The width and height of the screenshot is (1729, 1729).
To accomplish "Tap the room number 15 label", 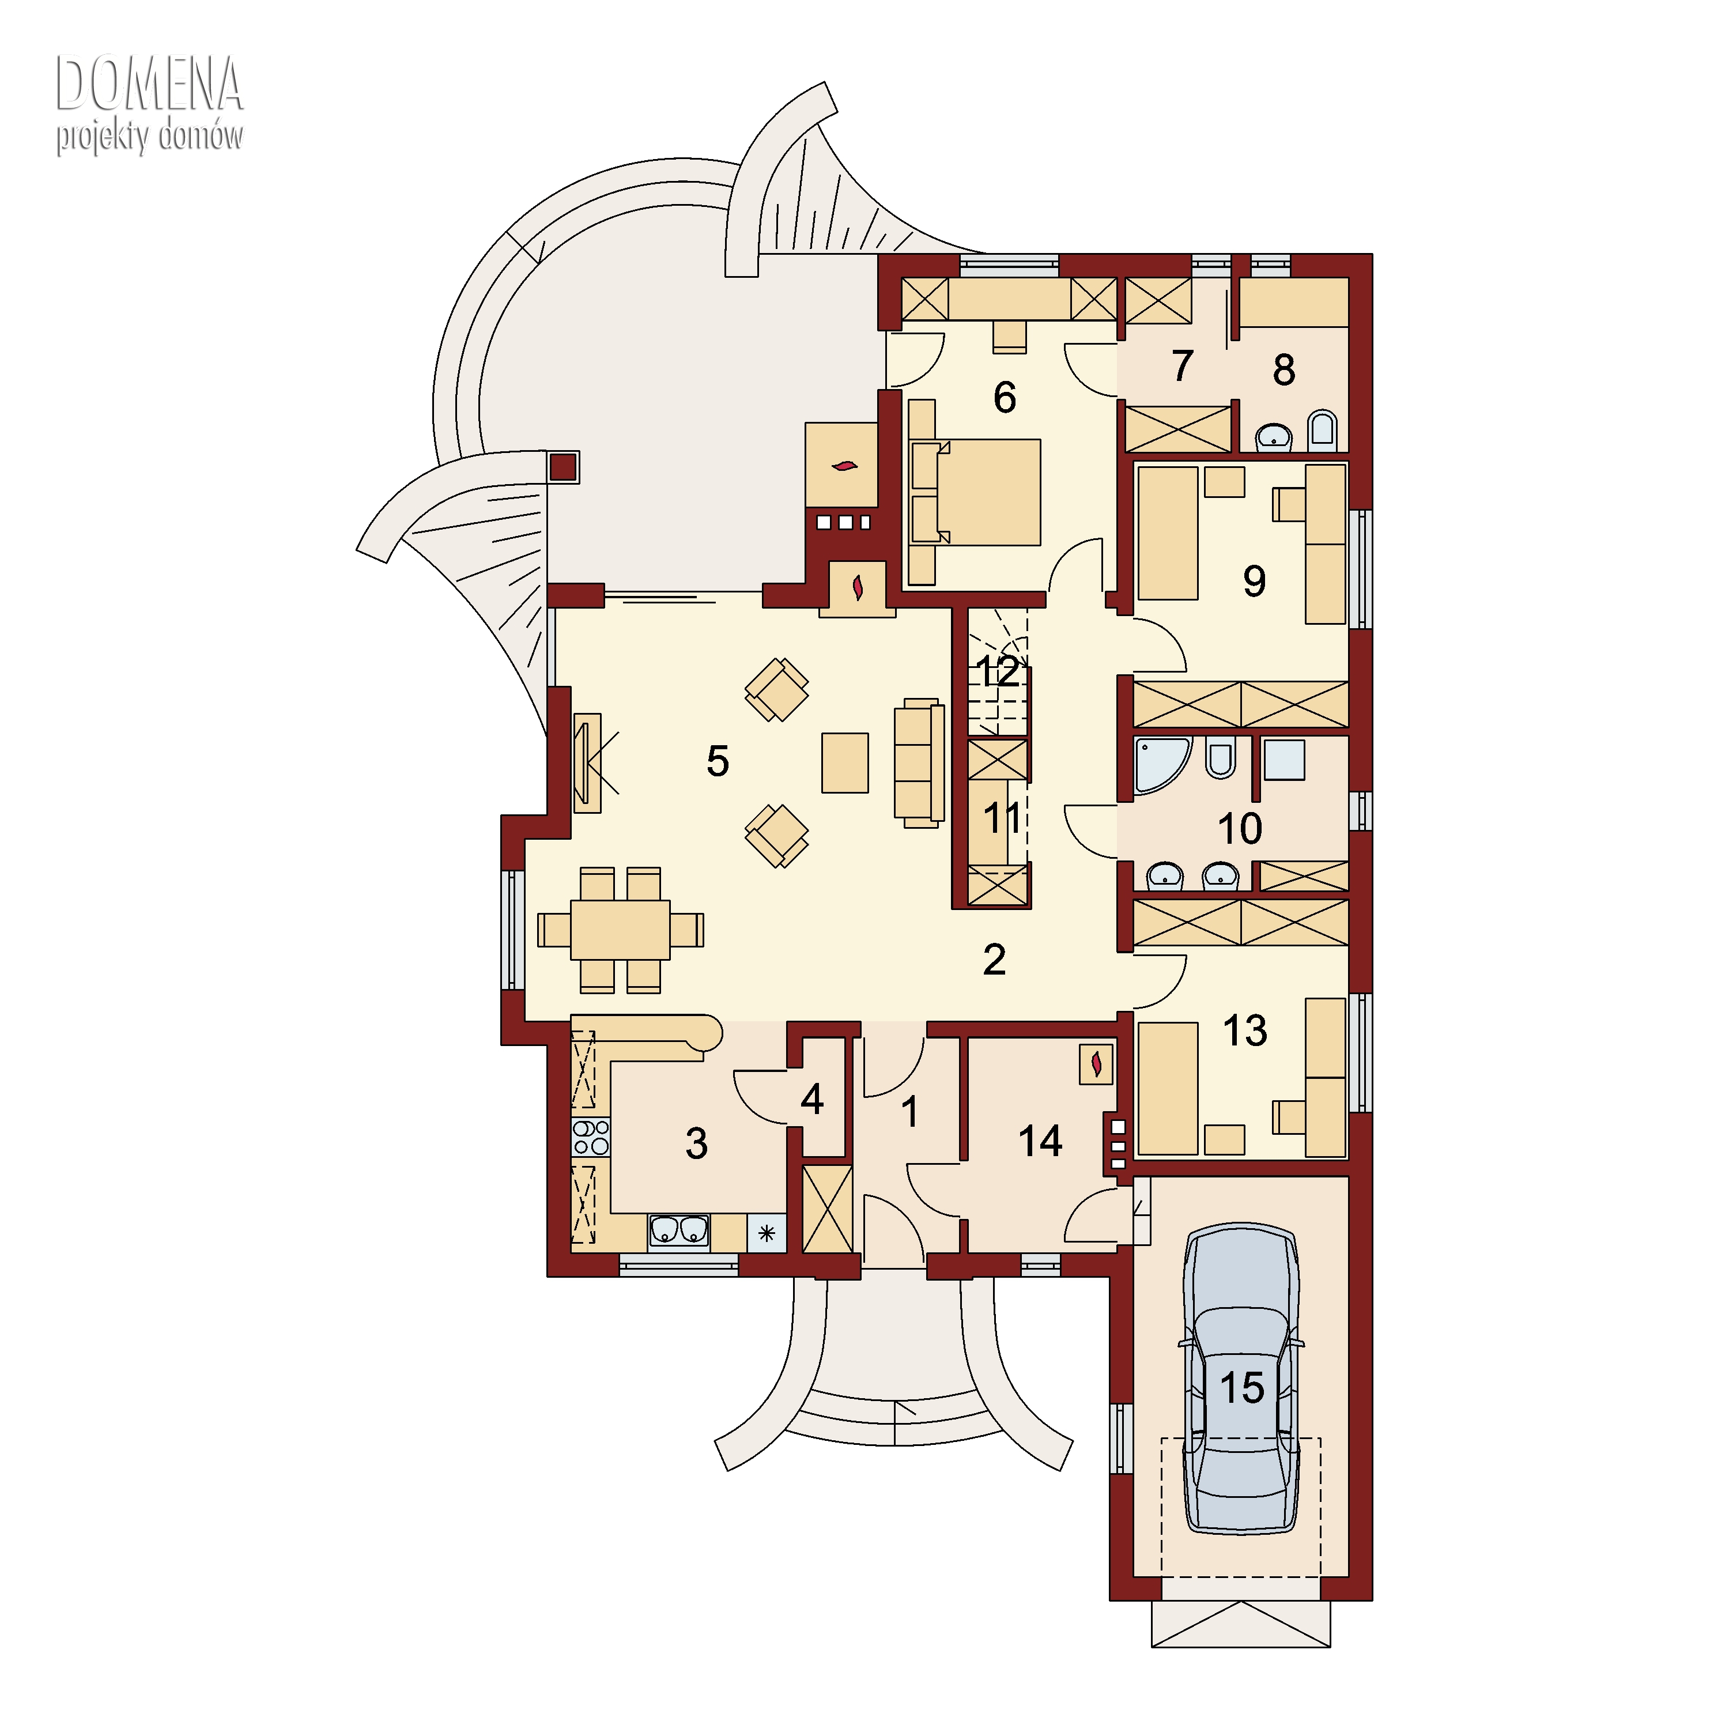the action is pos(1241,1388).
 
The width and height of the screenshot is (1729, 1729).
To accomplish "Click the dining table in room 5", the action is pos(620,930).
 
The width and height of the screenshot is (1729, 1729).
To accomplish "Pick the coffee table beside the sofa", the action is pos(845,762).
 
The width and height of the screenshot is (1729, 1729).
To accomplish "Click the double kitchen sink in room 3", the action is pos(678,1230).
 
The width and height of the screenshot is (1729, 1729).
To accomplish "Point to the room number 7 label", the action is pos(1182,365).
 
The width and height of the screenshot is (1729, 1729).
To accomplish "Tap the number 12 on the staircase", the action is pos(998,671).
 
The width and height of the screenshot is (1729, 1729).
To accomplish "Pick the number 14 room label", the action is pos(1040,1141).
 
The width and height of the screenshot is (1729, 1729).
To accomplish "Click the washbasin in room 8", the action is pos(1274,437).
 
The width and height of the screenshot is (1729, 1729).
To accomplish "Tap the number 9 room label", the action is pos(1254,581).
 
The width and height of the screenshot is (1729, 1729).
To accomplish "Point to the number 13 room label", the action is pos(1245,1030).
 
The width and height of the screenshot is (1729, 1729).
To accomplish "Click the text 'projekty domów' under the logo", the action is pos(149,137).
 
